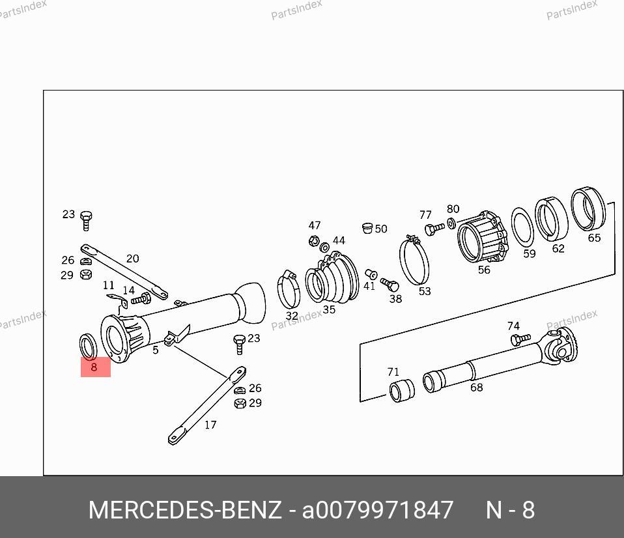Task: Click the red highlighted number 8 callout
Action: click(96, 367)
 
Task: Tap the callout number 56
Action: click(484, 270)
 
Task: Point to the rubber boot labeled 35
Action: click(332, 277)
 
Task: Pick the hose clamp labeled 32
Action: click(289, 289)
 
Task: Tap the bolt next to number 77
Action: click(434, 229)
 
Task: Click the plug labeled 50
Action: click(367, 227)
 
